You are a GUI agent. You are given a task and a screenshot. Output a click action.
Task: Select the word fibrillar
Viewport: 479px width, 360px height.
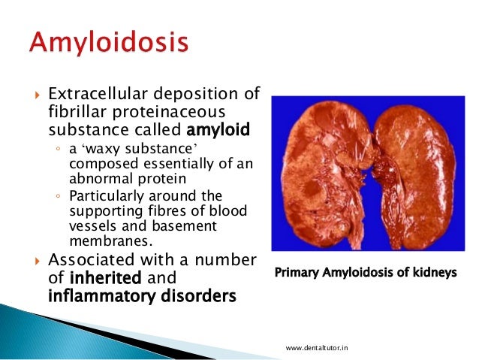[77, 113]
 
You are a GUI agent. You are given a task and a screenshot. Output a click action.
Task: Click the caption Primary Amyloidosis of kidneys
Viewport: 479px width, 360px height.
[366, 273]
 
